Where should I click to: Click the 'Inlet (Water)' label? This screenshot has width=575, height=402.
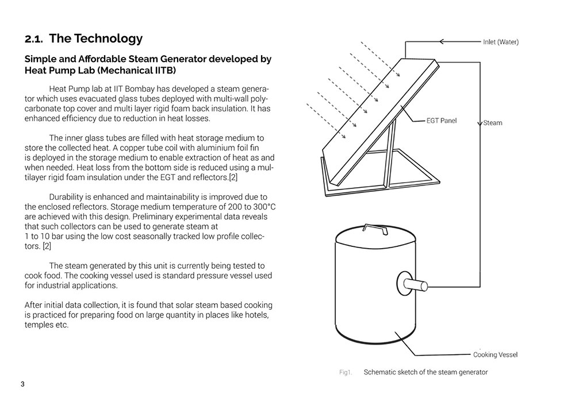500,42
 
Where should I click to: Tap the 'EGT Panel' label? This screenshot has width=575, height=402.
441,121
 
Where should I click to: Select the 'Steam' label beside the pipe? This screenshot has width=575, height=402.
493,123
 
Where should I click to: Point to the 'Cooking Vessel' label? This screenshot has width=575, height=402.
495,354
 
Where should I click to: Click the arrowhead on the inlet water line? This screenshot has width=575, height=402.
442,41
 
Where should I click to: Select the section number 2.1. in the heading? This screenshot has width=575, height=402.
34,39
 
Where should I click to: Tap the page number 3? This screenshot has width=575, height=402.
22,384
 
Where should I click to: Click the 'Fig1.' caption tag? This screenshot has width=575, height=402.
345,372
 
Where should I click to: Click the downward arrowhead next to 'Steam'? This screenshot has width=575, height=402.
479,123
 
